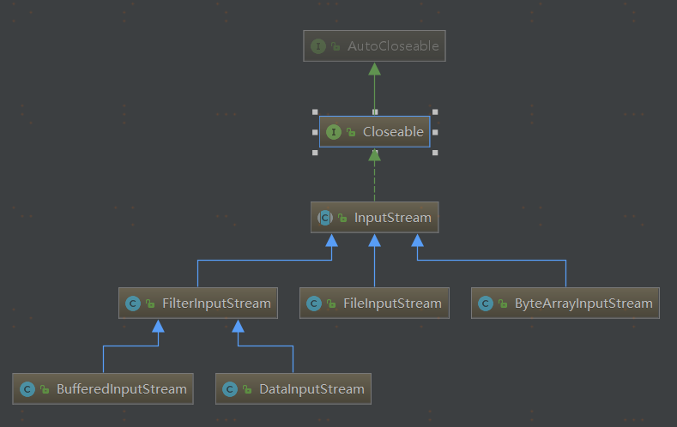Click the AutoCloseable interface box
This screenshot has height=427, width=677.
pos(375,46)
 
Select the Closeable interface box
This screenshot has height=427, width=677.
pos(374,132)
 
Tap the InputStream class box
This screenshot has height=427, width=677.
pos(375,218)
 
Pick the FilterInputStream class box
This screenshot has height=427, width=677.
pos(198,303)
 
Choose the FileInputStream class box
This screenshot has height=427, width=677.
pos(374,303)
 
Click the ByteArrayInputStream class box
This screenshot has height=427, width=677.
pos(565,303)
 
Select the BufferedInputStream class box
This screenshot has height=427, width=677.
pos(103,388)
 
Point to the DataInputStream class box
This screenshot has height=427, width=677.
pos(293,388)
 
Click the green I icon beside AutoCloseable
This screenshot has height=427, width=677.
pos(318,46)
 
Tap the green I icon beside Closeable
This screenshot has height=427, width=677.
pos(333,132)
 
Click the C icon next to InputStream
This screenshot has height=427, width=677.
pos(325,218)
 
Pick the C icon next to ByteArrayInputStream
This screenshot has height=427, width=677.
pos(486,304)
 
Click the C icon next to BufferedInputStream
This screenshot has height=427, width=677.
pos(27,389)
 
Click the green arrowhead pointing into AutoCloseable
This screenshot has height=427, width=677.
pos(374,69)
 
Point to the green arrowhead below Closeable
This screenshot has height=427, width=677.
pos(374,155)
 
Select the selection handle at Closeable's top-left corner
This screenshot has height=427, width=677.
pos(315,111)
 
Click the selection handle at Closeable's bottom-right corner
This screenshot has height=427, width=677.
pos(435,153)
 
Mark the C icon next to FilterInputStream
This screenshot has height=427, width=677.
pos(133,304)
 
